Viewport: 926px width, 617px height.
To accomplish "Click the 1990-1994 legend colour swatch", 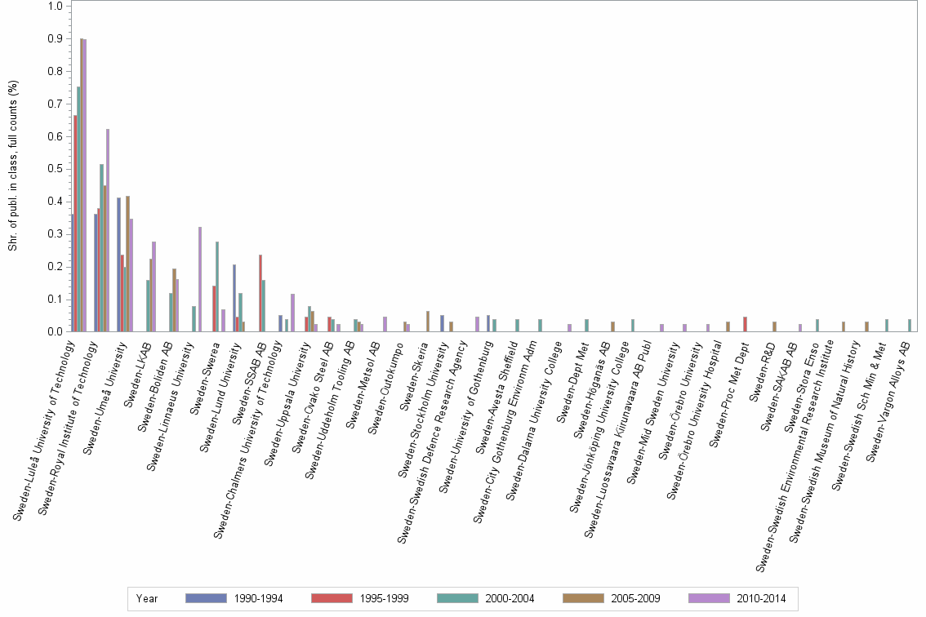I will pos(207,598).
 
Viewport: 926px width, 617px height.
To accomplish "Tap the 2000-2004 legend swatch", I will pos(458,598).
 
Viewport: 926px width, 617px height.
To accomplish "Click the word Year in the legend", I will pos(148,598).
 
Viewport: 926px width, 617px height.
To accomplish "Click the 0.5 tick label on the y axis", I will pos(56,169).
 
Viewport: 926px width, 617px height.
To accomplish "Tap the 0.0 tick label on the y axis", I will pos(56,331).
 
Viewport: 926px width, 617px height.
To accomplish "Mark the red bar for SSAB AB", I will pos(260,293).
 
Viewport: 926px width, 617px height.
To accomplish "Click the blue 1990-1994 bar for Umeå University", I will pos(118,264).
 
